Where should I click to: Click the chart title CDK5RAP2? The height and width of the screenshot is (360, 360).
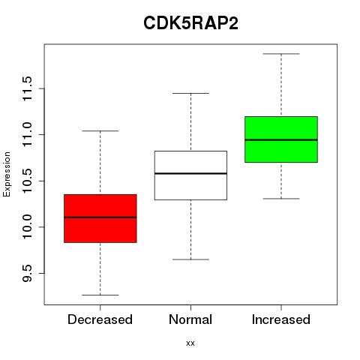click(190, 23)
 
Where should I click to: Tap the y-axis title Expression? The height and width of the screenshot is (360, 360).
click(7, 174)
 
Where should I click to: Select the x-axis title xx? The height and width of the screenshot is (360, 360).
click(190, 343)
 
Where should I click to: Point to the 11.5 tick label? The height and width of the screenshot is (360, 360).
click(27, 88)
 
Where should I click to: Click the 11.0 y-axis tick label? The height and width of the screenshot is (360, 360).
click(27, 135)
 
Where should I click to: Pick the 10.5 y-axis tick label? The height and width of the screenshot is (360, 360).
click(27, 181)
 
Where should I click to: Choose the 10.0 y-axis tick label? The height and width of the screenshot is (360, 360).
click(27, 227)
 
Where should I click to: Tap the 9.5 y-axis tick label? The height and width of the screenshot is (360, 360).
click(27, 273)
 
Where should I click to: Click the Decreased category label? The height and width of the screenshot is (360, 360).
click(100, 319)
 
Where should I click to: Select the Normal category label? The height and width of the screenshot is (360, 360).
click(190, 319)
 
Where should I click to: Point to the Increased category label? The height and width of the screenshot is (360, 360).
click(281, 319)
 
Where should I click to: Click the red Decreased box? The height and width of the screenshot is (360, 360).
click(100, 218)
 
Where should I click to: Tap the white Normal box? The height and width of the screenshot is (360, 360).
click(190, 175)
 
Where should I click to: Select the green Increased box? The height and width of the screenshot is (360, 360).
click(281, 139)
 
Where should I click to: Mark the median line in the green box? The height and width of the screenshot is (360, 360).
click(281, 140)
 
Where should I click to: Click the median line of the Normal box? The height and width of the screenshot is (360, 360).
click(190, 173)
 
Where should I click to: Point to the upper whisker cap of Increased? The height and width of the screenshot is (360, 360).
click(281, 54)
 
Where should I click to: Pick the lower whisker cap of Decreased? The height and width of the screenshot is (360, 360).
click(100, 295)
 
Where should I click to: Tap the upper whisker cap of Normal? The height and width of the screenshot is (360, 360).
click(190, 93)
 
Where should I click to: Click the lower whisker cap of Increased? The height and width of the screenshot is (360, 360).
click(281, 199)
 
